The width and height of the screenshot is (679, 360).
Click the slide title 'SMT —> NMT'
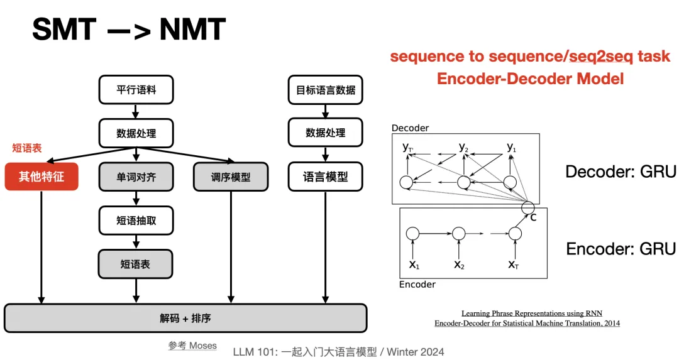point(128,30)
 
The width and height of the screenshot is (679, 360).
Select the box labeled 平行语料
point(136,90)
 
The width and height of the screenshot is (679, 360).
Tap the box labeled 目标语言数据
point(325,90)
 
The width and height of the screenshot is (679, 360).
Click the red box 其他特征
point(41,177)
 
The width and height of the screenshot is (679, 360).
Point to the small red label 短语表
point(27,148)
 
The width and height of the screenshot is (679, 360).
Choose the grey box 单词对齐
point(136,177)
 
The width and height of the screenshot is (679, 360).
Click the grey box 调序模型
point(230,177)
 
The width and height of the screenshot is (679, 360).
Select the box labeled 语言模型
point(325,177)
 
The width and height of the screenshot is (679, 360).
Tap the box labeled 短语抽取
point(136,221)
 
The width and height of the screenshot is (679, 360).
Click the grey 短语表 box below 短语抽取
point(136,264)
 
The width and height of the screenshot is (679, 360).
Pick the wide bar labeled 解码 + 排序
point(185,318)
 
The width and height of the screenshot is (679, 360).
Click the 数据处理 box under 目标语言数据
point(325,133)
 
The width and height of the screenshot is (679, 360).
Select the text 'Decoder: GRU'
point(621,172)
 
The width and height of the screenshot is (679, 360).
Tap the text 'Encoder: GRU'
point(621,249)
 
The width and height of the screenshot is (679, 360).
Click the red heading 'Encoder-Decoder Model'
point(530,79)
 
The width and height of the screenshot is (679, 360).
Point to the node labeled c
point(529,208)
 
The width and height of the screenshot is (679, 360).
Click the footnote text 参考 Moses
point(192,345)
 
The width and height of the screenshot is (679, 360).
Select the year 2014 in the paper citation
point(609,323)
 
